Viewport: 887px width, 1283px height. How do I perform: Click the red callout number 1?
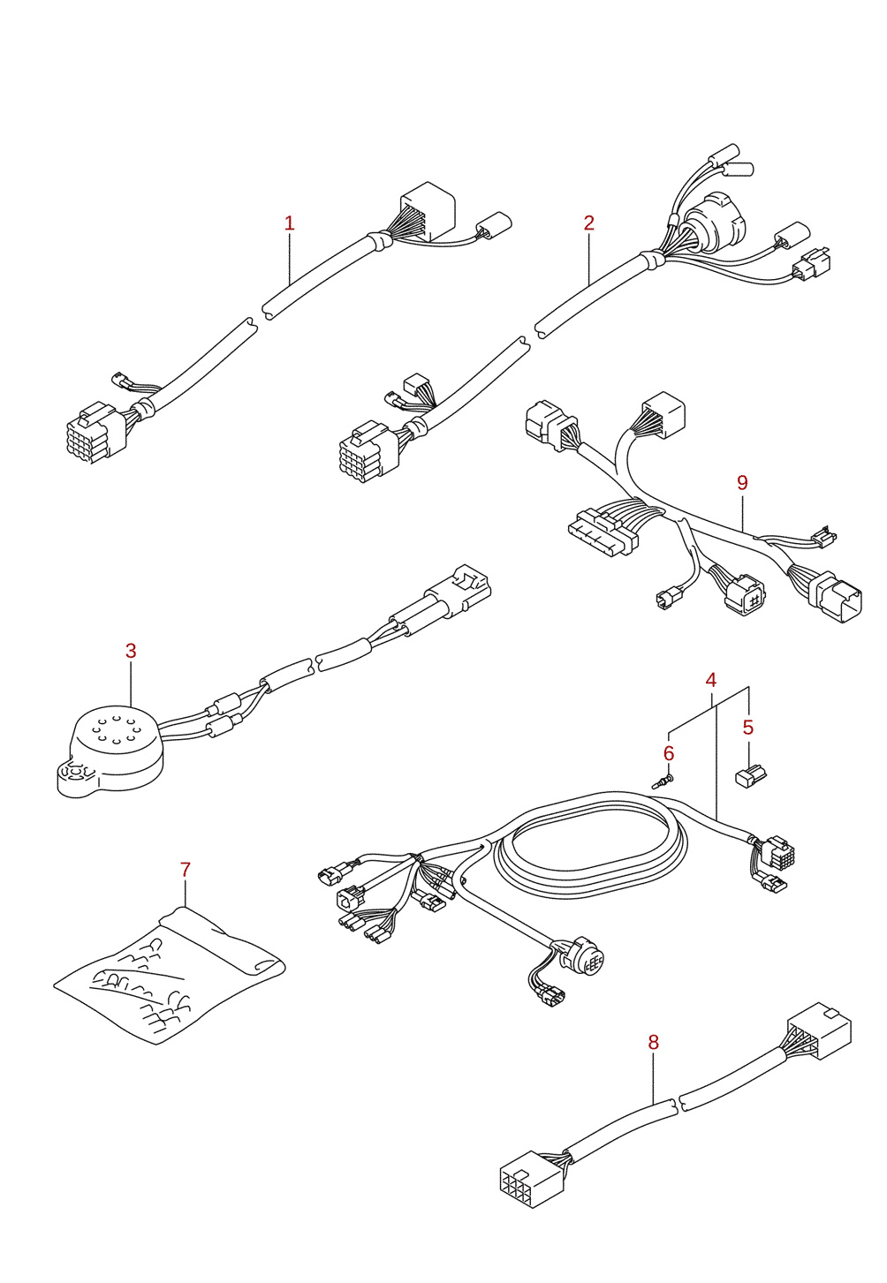[x=290, y=223]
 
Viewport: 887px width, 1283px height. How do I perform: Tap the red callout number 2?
[x=589, y=223]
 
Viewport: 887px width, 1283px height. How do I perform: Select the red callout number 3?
[x=132, y=651]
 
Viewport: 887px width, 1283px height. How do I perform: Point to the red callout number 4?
[x=710, y=681]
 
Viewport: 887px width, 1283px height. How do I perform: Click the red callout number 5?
[x=748, y=728]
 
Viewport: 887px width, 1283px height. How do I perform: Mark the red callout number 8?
[x=653, y=1043]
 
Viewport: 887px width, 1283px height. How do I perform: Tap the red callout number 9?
[x=742, y=483]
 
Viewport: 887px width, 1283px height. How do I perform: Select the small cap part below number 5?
[x=750, y=776]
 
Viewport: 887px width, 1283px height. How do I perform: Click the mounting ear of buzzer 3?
[x=76, y=778]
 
